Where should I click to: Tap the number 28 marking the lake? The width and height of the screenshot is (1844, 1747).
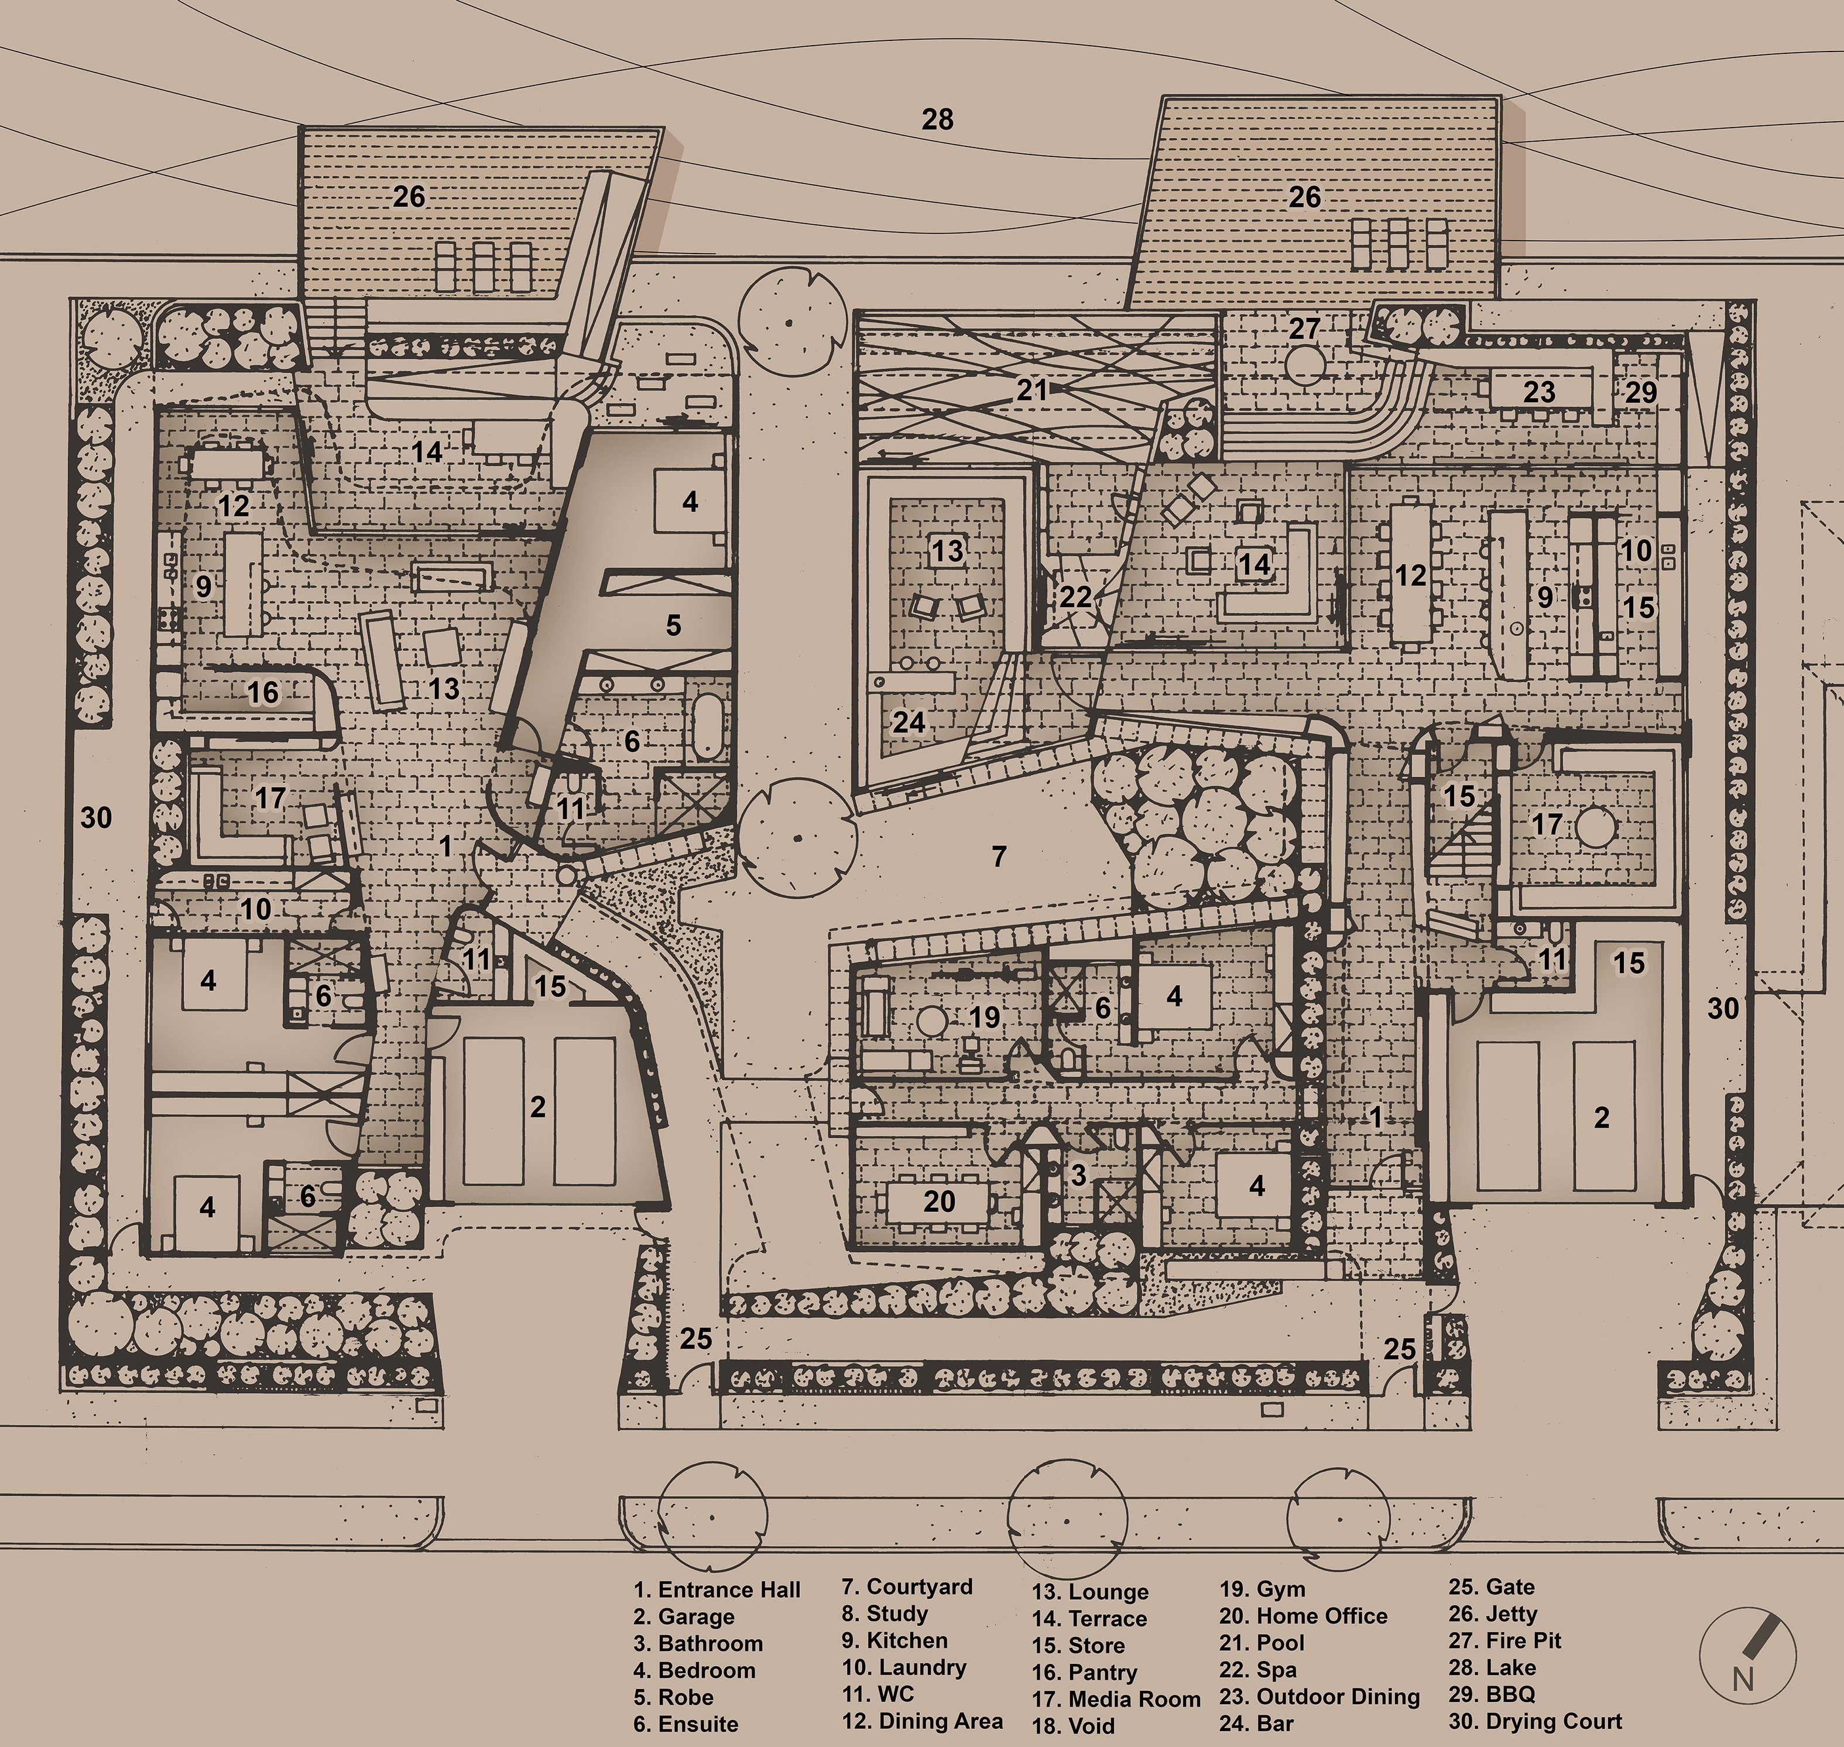pyautogui.click(x=938, y=119)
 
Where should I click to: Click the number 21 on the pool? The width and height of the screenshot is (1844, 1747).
pyautogui.click(x=1032, y=389)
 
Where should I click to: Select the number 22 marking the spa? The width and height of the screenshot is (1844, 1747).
pyautogui.click(x=1075, y=596)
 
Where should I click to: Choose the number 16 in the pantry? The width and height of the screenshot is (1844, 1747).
pyautogui.click(x=263, y=692)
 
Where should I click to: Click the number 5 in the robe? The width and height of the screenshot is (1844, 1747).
pyautogui.click(x=673, y=625)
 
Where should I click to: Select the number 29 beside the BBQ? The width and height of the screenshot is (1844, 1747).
pyautogui.click(x=1641, y=392)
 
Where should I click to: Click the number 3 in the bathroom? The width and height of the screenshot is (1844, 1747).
pyautogui.click(x=1078, y=1174)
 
